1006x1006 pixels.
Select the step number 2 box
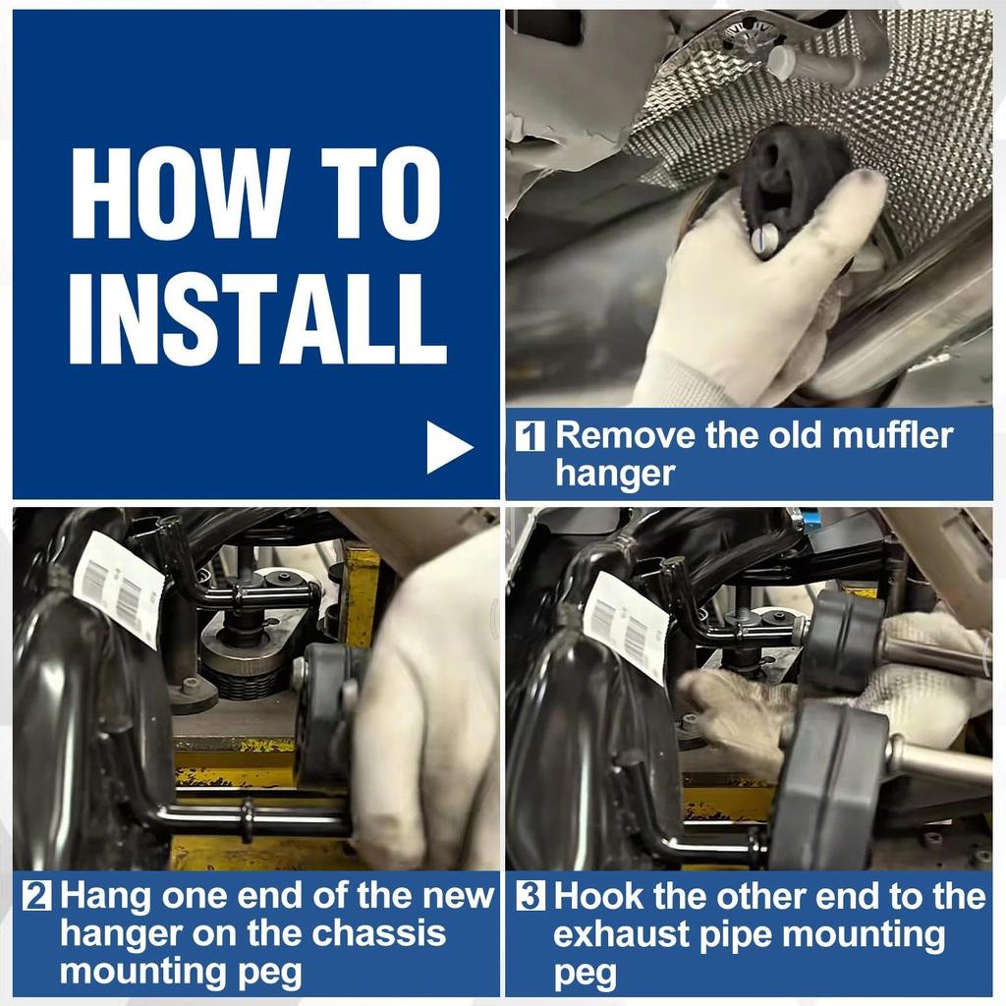tap(36, 897)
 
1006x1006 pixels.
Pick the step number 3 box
tap(531, 897)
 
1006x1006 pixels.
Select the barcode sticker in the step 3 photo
tap(627, 627)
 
